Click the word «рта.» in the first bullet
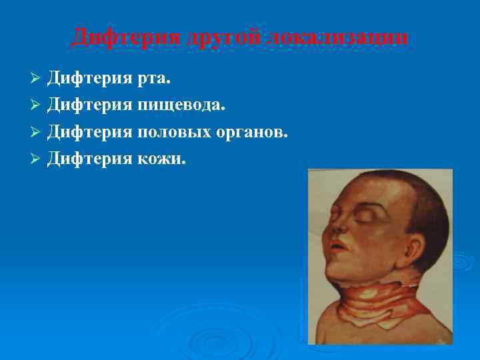(x=154, y=80)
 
